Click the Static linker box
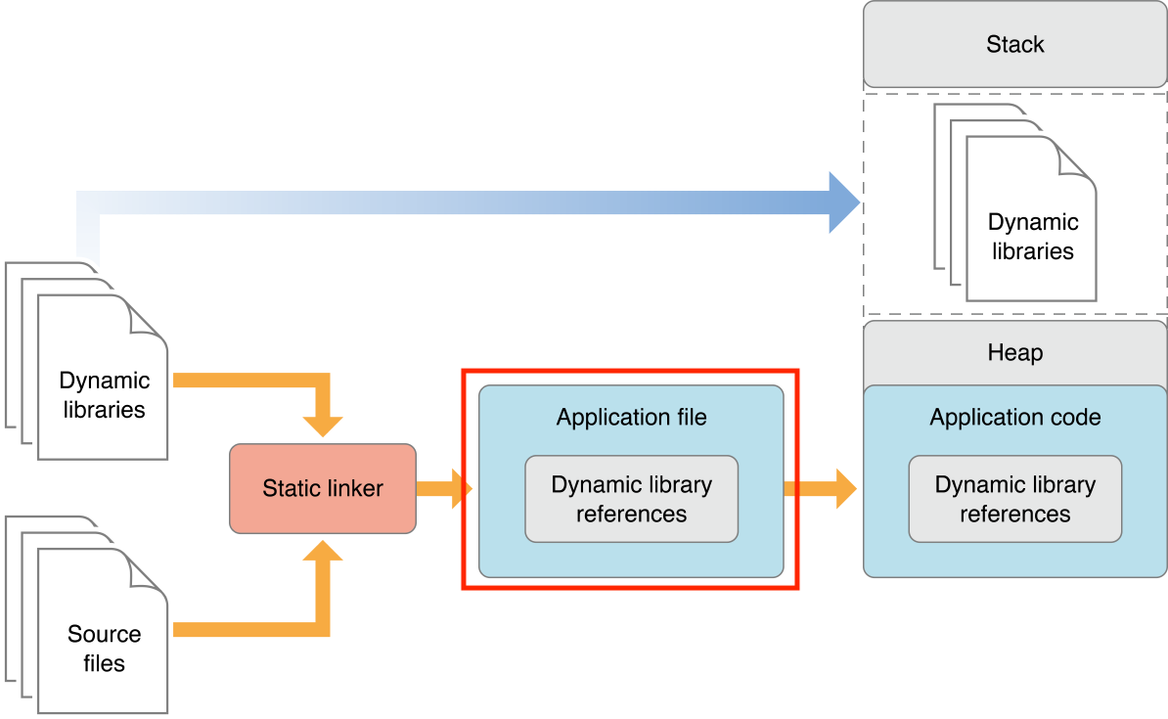(323, 488)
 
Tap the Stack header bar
(1014, 44)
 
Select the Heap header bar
(1014, 352)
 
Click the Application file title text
(631, 418)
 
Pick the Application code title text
(1014, 418)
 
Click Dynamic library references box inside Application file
(631, 499)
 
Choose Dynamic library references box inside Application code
(1014, 499)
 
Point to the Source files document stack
(98, 626)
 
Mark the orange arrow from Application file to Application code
(822, 488)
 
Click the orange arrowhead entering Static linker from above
(323, 425)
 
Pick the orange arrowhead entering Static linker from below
(323, 552)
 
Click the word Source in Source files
(104, 634)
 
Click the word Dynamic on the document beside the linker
(104, 381)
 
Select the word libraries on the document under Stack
(1032, 251)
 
